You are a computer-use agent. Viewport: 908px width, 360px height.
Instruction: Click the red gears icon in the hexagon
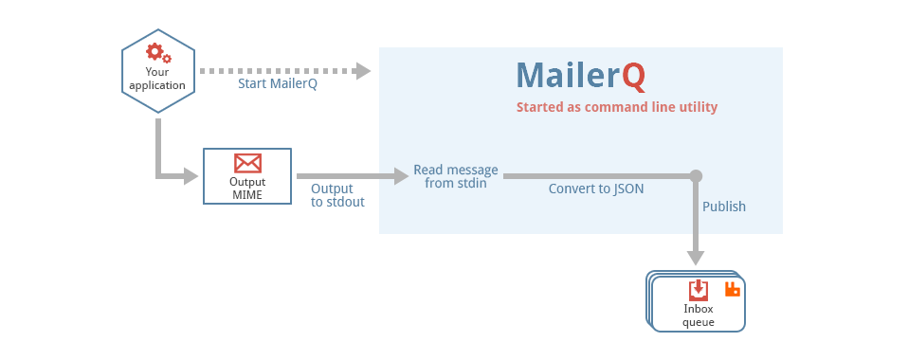[158, 53]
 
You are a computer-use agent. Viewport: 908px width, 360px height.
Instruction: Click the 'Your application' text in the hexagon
[157, 79]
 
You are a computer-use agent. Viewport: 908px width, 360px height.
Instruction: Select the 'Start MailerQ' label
[277, 83]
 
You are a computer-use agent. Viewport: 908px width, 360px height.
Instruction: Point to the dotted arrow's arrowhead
[362, 70]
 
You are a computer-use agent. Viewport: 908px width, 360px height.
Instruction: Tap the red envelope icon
[247, 163]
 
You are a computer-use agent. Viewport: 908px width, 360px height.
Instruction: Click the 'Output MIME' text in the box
[247, 189]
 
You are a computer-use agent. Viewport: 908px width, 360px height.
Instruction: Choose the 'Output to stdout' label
[337, 195]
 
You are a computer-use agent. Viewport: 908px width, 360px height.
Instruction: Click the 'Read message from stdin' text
[455, 176]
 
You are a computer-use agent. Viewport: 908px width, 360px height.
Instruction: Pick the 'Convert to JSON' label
[596, 189]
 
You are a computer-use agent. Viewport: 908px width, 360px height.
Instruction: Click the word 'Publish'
[724, 207]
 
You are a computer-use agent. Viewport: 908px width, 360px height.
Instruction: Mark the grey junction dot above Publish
[696, 176]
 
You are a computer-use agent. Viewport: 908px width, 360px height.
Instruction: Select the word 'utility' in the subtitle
[696, 107]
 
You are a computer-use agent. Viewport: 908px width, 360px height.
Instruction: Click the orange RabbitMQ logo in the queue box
[732, 289]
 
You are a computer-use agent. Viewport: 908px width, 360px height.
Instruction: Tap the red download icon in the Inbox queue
[698, 289]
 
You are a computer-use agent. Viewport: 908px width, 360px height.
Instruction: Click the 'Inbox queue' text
[699, 315]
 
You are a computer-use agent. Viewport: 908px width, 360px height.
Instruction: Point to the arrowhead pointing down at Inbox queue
[696, 258]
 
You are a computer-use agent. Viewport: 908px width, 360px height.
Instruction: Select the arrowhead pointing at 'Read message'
[400, 176]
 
